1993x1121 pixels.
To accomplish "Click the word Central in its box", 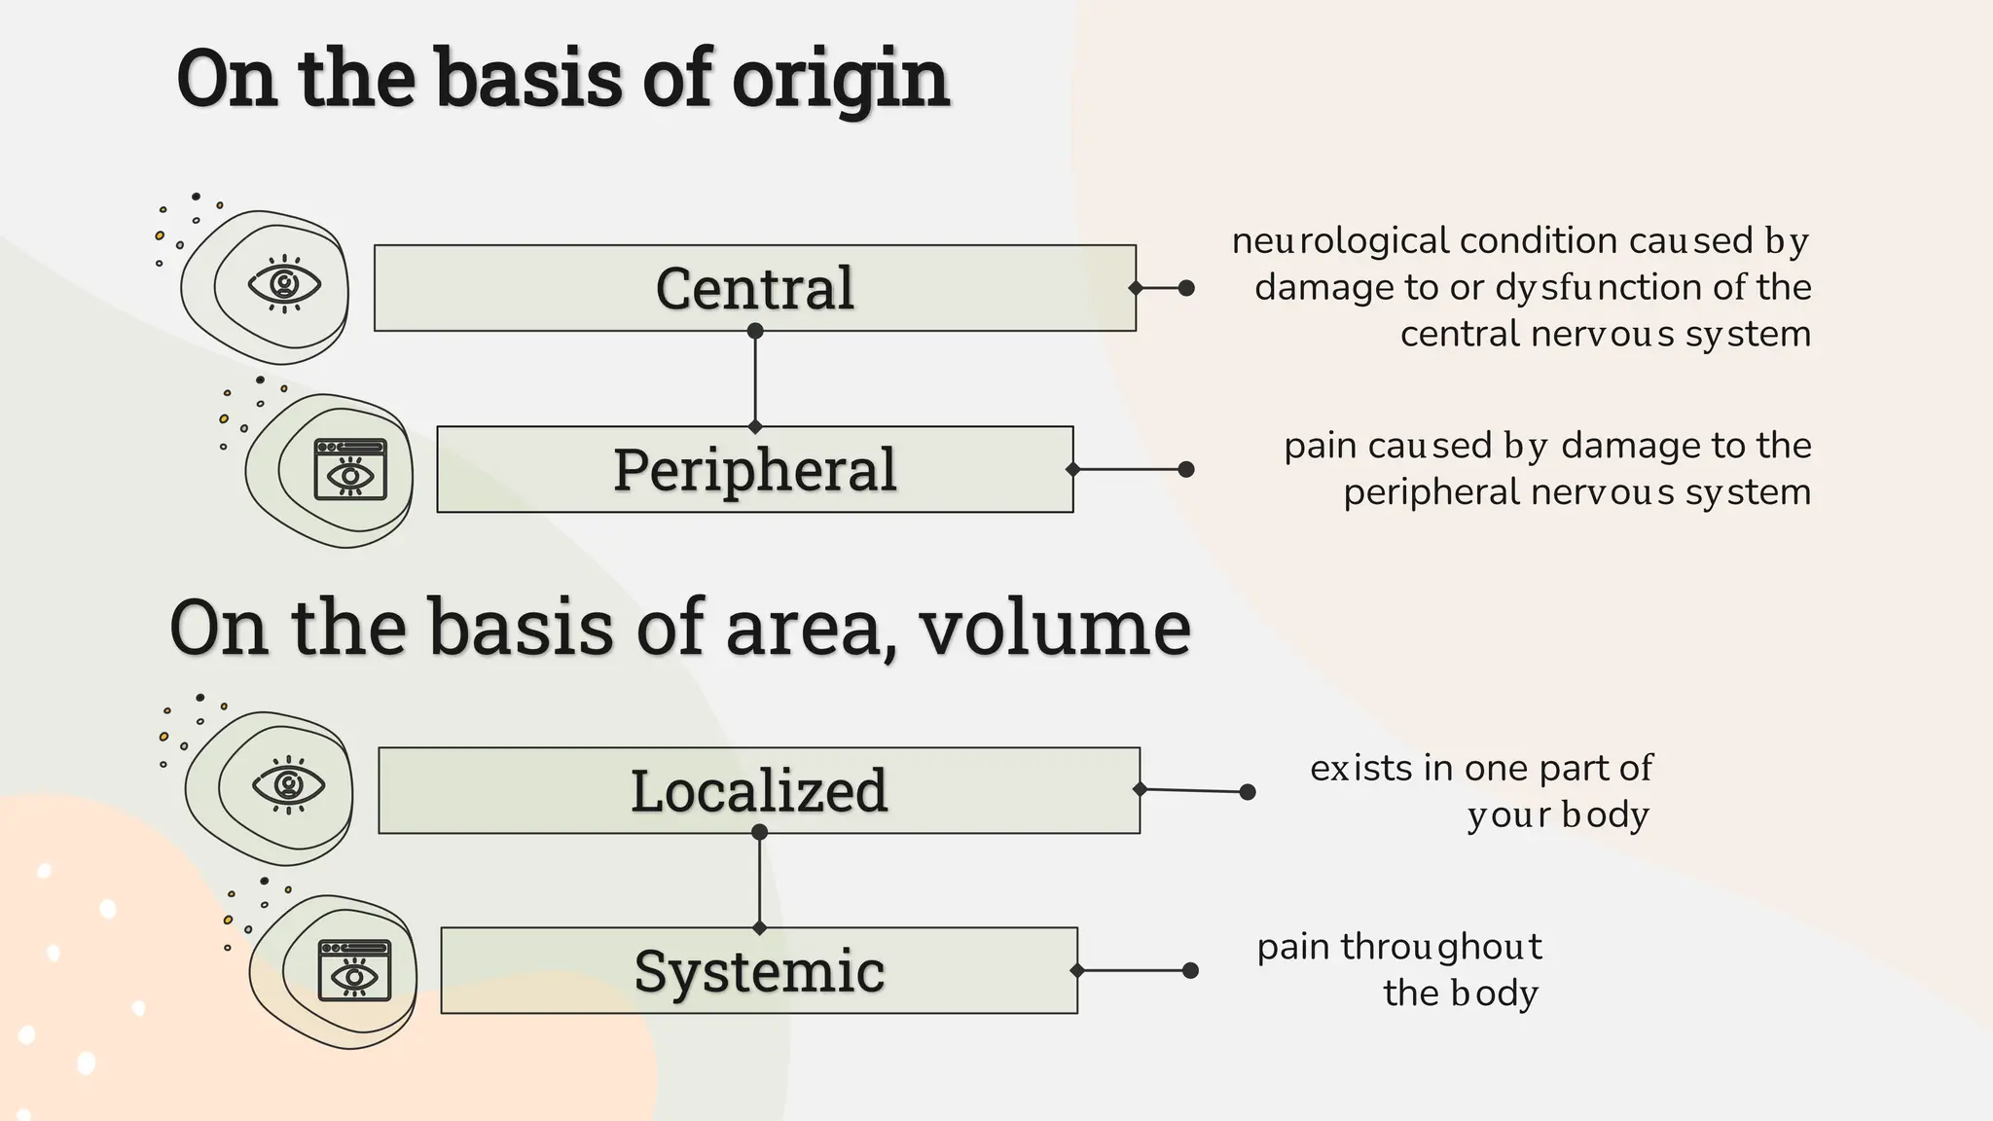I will click(x=755, y=288).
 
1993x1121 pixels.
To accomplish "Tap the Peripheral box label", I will click(x=755, y=469).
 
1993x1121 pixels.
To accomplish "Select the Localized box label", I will click(x=759, y=790).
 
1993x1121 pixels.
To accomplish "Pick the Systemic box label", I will click(x=759, y=971).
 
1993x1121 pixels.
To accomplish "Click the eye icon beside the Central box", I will click(x=284, y=284).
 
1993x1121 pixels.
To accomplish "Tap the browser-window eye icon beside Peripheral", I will click(x=350, y=470).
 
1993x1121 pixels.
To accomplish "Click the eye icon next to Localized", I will click(x=288, y=784).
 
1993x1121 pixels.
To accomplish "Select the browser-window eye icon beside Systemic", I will click(x=355, y=970).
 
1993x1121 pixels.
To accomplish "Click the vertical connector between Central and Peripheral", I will click(x=755, y=380).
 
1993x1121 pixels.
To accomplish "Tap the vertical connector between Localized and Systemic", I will click(x=760, y=881).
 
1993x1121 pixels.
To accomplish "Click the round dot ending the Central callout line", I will click(x=1186, y=288).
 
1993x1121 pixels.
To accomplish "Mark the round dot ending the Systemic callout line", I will click(x=1190, y=970).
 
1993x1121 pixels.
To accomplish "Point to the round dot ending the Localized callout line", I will click(x=1248, y=792).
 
